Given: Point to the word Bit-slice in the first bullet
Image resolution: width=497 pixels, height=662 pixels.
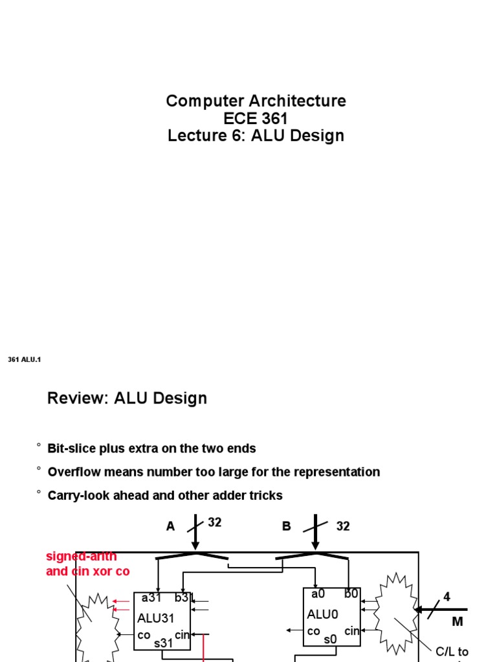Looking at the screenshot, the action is (x=72, y=449).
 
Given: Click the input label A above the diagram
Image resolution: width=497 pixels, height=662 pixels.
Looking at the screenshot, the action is (x=171, y=527).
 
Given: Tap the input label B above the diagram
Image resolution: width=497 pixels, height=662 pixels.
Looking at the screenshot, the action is (x=287, y=527).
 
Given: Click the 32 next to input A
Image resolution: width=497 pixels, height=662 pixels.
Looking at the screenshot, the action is (x=215, y=523).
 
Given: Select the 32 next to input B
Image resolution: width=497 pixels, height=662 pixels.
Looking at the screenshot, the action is (x=343, y=527).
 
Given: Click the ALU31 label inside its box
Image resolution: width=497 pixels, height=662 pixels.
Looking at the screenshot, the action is (x=156, y=619).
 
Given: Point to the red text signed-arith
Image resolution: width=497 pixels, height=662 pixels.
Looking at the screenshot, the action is (x=82, y=557).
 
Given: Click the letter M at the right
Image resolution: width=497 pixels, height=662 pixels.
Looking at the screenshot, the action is (x=458, y=622).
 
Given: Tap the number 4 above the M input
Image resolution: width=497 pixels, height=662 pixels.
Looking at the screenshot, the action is (x=446, y=597).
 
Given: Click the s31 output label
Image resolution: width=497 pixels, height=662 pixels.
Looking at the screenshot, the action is (x=163, y=643).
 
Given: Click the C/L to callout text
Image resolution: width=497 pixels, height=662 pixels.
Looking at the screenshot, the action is (x=452, y=652).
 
